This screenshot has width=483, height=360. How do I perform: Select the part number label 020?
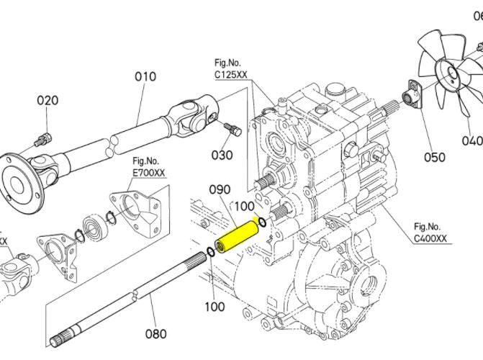48,100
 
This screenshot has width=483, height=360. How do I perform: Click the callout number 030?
222,155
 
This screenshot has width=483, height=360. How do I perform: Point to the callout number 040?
472,140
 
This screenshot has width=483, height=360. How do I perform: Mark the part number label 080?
155,333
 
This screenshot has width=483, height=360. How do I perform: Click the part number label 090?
220,190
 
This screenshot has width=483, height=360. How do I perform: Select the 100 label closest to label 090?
245,207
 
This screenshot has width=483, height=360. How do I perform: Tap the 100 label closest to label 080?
215,307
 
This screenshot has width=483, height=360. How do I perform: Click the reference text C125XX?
233,74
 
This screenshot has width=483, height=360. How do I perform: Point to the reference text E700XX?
149,173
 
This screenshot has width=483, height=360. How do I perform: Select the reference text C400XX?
430,238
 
